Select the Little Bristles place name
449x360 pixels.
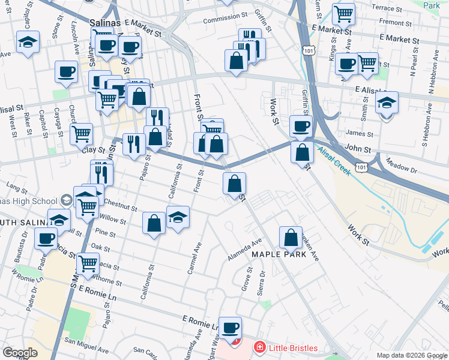click(x=291, y=347)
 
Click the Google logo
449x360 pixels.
click(x=20, y=353)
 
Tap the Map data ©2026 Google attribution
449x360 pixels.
click(x=412, y=355)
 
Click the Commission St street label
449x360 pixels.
click(x=225, y=18)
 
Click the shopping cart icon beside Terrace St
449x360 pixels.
click(x=343, y=13)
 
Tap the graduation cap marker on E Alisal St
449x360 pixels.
click(x=387, y=103)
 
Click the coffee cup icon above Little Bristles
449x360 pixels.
click(x=230, y=328)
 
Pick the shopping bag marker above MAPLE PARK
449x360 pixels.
click(x=291, y=237)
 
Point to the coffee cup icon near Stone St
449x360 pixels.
click(x=66, y=72)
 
